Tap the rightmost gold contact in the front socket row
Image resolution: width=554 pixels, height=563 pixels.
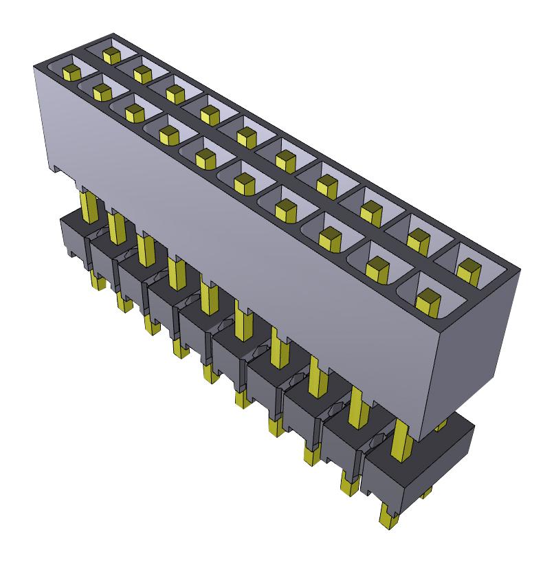coord(428,300)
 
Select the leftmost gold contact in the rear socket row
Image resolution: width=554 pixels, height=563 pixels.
coord(109,52)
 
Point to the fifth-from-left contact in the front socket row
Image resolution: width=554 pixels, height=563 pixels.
coord(204,158)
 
